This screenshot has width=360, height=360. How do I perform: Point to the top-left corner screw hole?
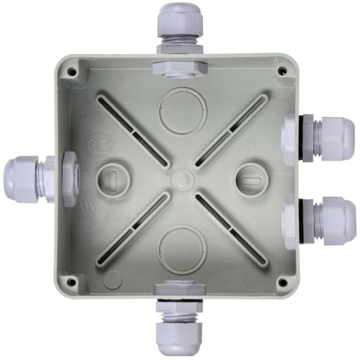73,71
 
